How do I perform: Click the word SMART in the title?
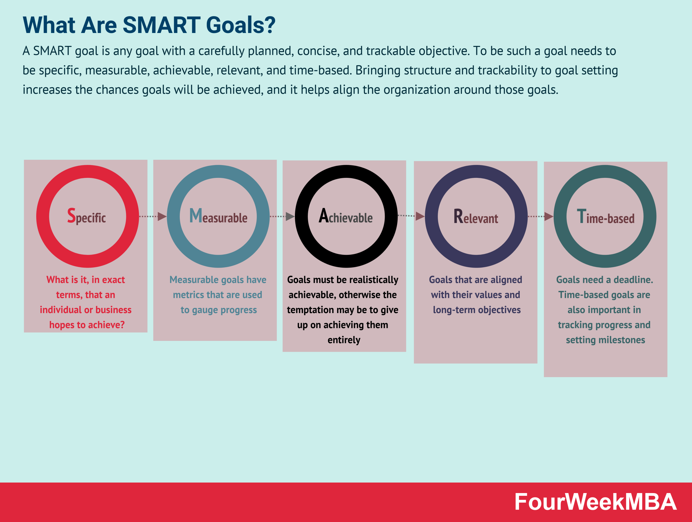[161, 25]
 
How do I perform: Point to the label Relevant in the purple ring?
[476, 217]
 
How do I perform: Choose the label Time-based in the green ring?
[606, 217]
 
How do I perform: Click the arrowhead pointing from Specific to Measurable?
[162, 217]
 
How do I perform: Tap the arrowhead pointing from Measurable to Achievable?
[290, 217]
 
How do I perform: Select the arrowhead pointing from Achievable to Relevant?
[420, 216]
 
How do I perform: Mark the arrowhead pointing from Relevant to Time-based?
[549, 217]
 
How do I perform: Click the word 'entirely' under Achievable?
[344, 340]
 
